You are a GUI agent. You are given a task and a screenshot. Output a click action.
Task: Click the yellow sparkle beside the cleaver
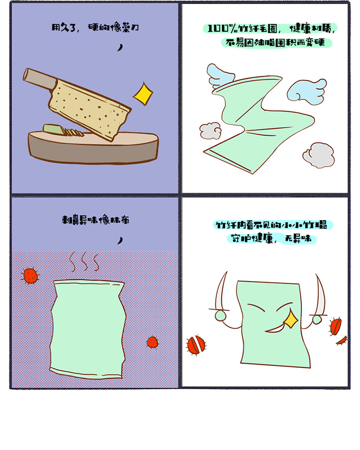(143, 94)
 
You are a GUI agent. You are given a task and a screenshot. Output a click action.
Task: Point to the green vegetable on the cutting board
(54, 129)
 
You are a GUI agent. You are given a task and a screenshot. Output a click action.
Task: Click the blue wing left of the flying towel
(219, 75)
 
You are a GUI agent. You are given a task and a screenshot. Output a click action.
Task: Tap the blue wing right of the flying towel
(307, 92)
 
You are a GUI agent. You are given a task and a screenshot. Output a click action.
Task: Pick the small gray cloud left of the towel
(210, 130)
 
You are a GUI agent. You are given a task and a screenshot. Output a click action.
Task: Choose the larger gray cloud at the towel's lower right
(319, 155)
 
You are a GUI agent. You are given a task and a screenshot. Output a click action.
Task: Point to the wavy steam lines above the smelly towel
(84, 261)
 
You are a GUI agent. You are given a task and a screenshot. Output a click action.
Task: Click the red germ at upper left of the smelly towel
(30, 275)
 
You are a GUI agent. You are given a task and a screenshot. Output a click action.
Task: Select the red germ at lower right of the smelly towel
(153, 342)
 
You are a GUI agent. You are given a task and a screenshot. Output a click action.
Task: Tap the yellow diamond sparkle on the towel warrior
(291, 319)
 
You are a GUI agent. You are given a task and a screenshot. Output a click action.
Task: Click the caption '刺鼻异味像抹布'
(96, 220)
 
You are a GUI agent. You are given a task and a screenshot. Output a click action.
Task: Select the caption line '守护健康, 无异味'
(271, 238)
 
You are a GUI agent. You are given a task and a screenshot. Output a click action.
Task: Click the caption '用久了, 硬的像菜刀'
(96, 27)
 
